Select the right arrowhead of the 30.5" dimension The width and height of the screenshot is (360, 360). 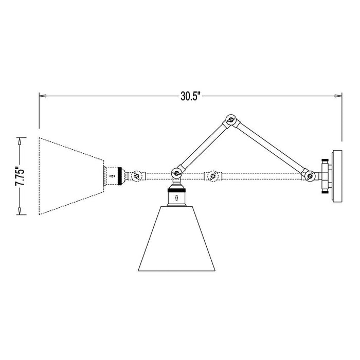[x=338, y=96]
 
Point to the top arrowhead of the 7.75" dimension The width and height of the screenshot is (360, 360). [x=20, y=139]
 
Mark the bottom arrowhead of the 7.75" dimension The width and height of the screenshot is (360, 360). [x=20, y=212]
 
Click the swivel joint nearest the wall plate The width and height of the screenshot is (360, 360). [x=310, y=176]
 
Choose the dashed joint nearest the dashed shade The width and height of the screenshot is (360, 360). [x=136, y=176]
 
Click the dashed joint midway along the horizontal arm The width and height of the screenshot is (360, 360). [x=211, y=176]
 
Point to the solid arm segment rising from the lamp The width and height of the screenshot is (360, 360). [x=203, y=147]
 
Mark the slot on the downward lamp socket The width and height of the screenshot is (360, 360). [x=176, y=197]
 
